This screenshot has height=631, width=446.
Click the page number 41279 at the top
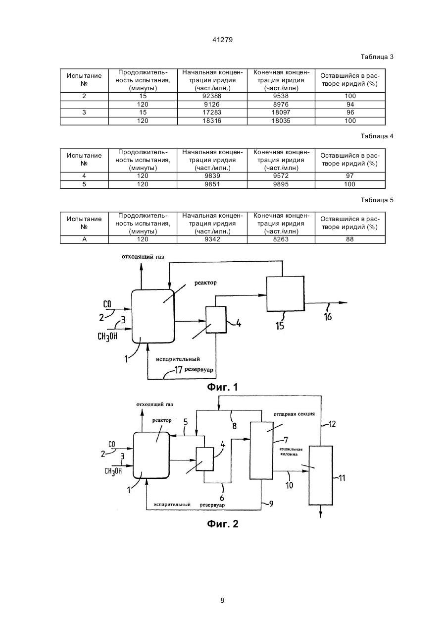[222, 40]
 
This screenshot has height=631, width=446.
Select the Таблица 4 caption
[377, 136]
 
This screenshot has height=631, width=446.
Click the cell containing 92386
[212, 96]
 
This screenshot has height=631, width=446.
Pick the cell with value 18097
[281, 113]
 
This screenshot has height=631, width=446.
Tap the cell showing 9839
[212, 176]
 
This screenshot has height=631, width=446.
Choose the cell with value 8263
[281, 239]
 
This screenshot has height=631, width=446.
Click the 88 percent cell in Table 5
[350, 239]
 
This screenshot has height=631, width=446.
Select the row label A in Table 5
[84, 239]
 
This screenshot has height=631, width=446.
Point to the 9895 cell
[281, 184]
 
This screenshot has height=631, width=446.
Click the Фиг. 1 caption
[222, 387]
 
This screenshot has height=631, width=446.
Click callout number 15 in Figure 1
[280, 326]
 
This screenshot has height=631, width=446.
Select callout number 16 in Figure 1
[328, 317]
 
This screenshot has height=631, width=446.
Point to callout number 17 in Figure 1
[178, 369]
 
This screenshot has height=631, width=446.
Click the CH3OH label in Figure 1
[107, 337]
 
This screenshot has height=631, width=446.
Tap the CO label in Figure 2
[112, 444]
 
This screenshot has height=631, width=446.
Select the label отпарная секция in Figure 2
[294, 414]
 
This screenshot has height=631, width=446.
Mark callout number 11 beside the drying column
[342, 478]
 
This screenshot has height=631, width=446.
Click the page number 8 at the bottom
[222, 600]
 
